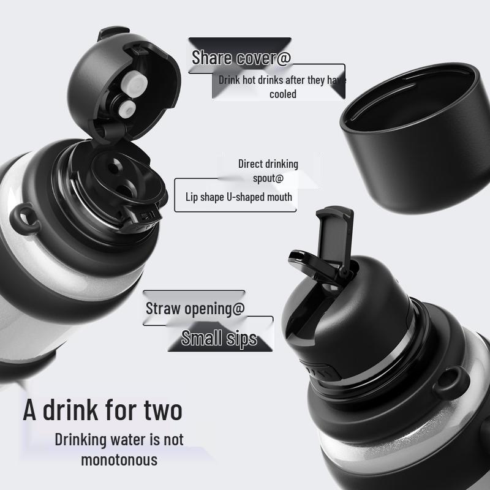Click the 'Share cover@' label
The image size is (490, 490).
[x=241, y=58]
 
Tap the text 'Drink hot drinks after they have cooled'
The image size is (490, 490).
[x=282, y=86]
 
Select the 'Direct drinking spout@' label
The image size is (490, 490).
[x=268, y=171]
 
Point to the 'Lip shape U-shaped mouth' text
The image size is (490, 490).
[x=239, y=197]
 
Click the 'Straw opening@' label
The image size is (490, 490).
[x=195, y=308]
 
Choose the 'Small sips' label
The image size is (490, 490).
[x=219, y=338]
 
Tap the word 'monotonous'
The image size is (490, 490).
[x=119, y=459]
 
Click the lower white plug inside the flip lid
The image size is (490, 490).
[x=126, y=109]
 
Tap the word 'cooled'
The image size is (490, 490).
[x=282, y=94]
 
